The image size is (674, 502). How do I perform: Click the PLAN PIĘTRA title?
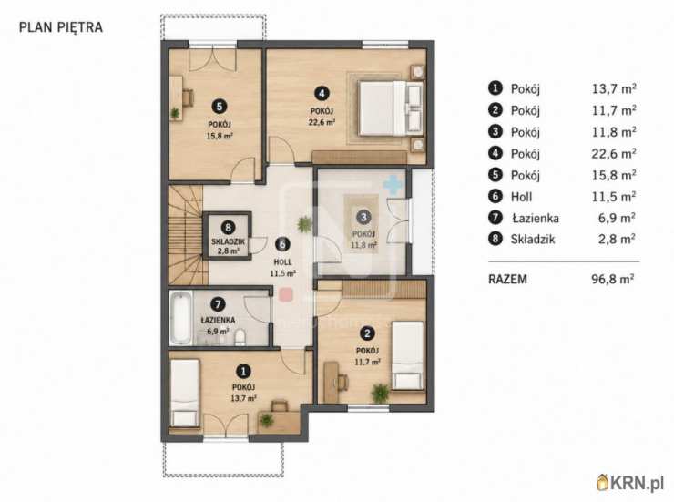(x=61, y=27)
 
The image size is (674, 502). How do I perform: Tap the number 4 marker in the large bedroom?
(x=322, y=93)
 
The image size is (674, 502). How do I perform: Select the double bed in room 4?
(x=391, y=108)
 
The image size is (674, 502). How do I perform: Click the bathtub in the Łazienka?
(x=180, y=318)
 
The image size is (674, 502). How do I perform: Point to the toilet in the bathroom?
(x=240, y=337)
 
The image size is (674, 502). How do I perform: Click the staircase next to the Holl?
(x=185, y=235)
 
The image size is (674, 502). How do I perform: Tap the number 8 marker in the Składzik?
(x=228, y=227)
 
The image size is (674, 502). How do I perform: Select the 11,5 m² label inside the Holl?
(x=283, y=273)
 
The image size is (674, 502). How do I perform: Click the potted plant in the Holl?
(x=304, y=224)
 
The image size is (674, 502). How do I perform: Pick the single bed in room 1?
(x=185, y=394)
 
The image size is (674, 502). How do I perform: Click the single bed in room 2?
(x=407, y=355)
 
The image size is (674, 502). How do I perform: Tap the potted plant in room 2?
(x=380, y=393)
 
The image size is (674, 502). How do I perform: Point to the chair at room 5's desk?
(x=188, y=97)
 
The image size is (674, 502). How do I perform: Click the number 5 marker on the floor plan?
(x=220, y=107)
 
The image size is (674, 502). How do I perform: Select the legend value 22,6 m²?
(x=614, y=153)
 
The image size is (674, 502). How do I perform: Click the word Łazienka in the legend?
(x=536, y=219)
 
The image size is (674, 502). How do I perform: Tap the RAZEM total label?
(x=507, y=280)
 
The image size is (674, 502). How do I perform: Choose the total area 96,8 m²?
(x=613, y=280)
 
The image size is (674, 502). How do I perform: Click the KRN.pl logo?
(x=630, y=483)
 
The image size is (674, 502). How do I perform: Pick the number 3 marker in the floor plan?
(x=363, y=217)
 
